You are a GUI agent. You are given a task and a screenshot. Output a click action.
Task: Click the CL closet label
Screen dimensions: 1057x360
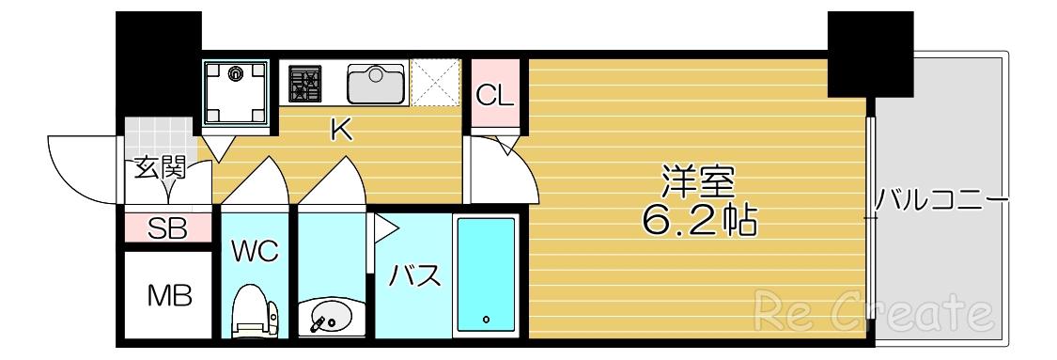coord(495,97)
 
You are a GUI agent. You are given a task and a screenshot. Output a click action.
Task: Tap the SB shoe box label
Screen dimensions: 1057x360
coord(167,228)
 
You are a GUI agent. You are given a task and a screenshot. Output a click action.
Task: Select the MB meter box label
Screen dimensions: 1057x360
coord(170,294)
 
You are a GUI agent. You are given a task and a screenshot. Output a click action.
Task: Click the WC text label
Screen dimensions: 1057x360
coord(256,251)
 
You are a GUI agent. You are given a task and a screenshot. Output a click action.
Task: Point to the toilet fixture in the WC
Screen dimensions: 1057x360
coord(255,311)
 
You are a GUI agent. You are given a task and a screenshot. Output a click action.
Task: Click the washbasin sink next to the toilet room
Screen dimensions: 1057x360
coord(328,318)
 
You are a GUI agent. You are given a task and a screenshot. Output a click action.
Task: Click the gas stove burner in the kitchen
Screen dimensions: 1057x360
coord(304,84)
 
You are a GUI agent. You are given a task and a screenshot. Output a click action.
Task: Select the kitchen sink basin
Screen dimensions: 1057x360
coord(376,83)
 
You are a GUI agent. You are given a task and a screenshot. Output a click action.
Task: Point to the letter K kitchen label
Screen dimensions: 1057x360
coord(342,131)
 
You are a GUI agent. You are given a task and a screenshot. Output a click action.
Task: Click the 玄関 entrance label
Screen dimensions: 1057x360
coord(159,168)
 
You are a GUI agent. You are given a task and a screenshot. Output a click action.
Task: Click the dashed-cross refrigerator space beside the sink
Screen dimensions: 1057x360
coord(435,83)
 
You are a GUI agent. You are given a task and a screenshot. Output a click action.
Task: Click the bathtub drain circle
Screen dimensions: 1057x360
coord(486,319)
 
